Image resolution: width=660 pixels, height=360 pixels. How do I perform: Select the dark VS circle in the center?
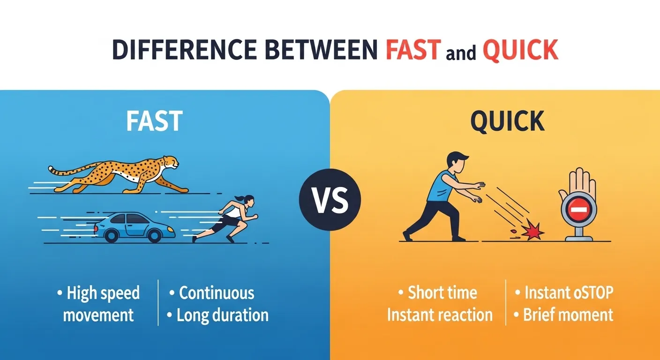pos(330,200)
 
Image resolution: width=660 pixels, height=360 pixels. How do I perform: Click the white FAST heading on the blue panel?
pos(154,121)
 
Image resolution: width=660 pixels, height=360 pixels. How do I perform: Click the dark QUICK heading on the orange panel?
pos(507,121)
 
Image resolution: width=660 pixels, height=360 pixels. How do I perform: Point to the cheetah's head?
pos(171,162)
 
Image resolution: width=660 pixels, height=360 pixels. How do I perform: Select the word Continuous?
pos(217,293)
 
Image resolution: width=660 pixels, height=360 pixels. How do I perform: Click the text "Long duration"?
pos(222,315)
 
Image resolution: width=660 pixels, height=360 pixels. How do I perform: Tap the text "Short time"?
pos(442,293)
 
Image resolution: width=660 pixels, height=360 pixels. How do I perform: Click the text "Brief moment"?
pos(568,315)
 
